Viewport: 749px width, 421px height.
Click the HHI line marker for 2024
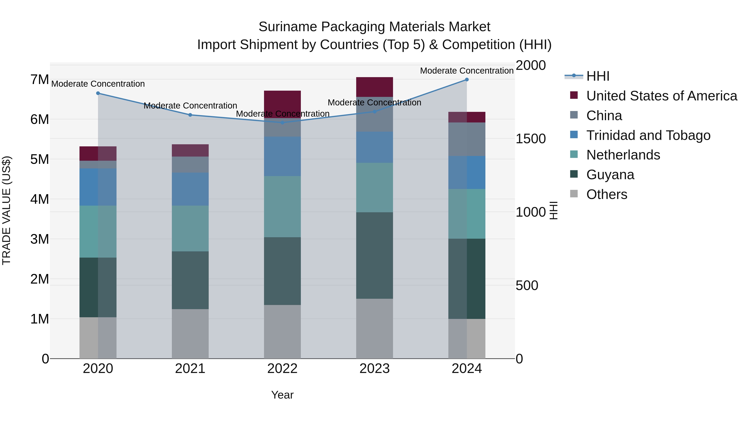pyautogui.click(x=467, y=80)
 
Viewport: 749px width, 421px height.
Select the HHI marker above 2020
pyautogui.click(x=98, y=93)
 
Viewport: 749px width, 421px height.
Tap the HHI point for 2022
pyautogui.click(x=282, y=123)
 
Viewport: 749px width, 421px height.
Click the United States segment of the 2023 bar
pyautogui.click(x=374, y=87)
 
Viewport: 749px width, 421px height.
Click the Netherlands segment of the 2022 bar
pyautogui.click(x=282, y=207)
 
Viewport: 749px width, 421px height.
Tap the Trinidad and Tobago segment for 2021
pyautogui.click(x=190, y=189)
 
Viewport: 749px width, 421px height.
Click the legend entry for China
pyautogui.click(x=604, y=116)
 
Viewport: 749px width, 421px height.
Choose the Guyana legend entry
pyautogui.click(x=610, y=175)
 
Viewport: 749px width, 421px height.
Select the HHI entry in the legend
pyautogui.click(x=598, y=76)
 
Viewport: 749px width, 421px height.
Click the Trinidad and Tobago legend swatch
pyautogui.click(x=574, y=135)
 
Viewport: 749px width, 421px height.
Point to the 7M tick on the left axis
pyautogui.click(x=40, y=80)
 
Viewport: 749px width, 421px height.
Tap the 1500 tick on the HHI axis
pyautogui.click(x=531, y=139)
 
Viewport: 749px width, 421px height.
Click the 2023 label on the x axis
pyautogui.click(x=374, y=369)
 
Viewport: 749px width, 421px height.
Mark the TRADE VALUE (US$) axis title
pyautogui.click(x=6, y=211)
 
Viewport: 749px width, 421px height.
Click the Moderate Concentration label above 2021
pyautogui.click(x=190, y=106)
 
